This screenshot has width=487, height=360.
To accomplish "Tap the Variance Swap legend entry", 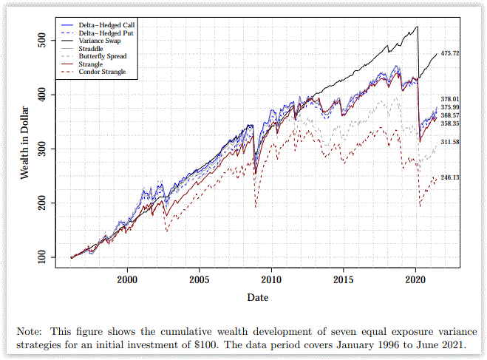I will (95, 41).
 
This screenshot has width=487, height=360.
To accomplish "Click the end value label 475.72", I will (450, 54).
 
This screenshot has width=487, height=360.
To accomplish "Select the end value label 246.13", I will (450, 177).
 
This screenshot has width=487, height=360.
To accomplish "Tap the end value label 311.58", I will (450, 142).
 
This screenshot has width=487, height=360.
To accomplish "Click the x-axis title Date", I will (257, 297).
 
